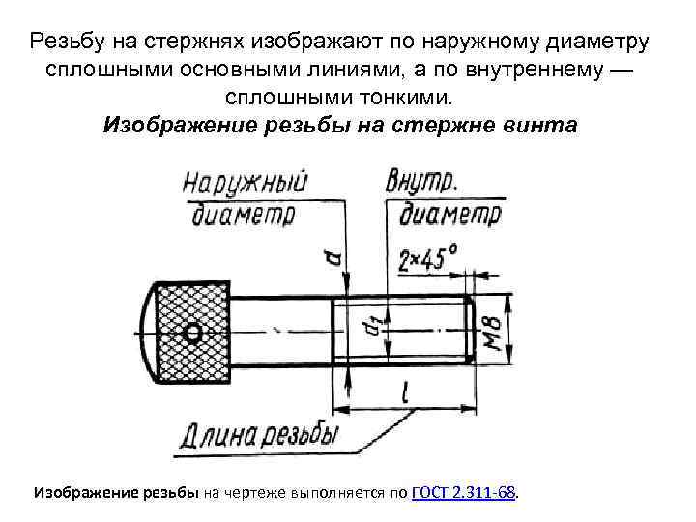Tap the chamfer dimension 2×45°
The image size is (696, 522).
[428, 257]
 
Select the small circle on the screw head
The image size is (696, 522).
[192, 333]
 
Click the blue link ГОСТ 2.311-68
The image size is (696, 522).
[465, 493]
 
